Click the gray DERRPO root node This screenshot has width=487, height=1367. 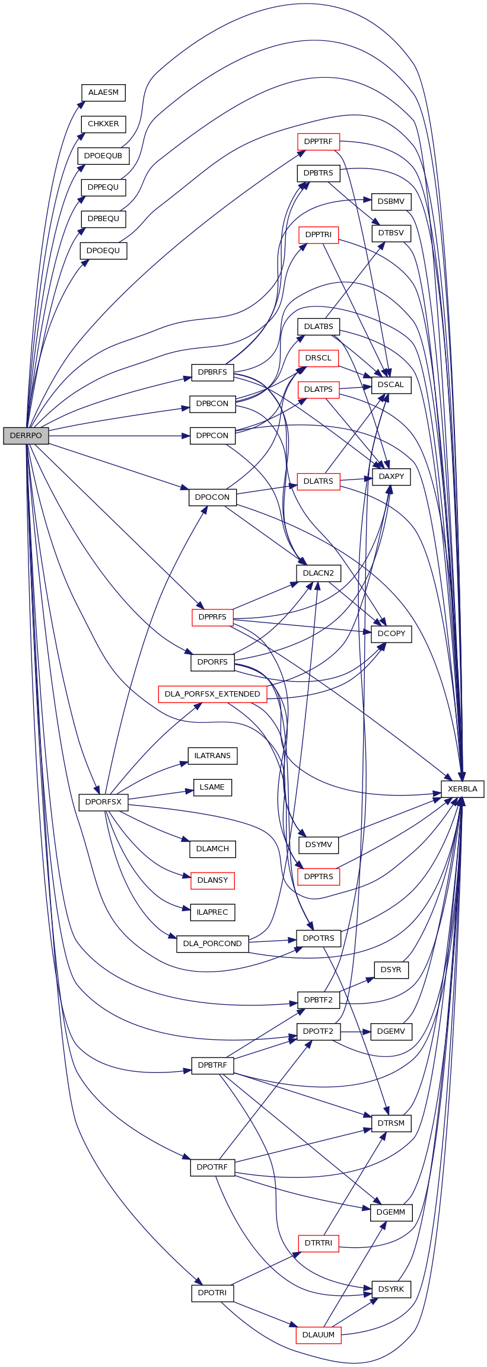tap(26, 435)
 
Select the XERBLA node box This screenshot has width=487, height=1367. tap(463, 789)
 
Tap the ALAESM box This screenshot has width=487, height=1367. tap(103, 92)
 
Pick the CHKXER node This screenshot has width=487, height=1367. tap(103, 124)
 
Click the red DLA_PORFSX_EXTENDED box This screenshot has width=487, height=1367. tap(212, 694)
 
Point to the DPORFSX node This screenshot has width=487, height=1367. tap(103, 802)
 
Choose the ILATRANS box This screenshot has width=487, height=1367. tap(212, 756)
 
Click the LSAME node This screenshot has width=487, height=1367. tap(212, 787)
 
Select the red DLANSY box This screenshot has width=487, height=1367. tap(212, 880)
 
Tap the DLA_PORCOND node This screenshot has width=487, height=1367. tap(212, 944)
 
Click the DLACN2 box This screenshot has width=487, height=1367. tap(319, 573)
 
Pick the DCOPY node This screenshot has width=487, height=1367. tap(391, 634)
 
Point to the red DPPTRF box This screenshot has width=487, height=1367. tap(319, 142)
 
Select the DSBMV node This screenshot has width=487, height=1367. tap(391, 202)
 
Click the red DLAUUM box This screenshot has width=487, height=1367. tap(319, 1334)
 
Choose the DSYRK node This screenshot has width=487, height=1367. tap(391, 1289)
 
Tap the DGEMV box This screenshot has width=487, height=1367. tap(391, 1031)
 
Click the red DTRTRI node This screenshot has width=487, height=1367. tap(319, 1243)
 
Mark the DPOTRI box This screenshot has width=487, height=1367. tap(212, 1292)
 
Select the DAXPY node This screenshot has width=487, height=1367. tap(391, 477)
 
